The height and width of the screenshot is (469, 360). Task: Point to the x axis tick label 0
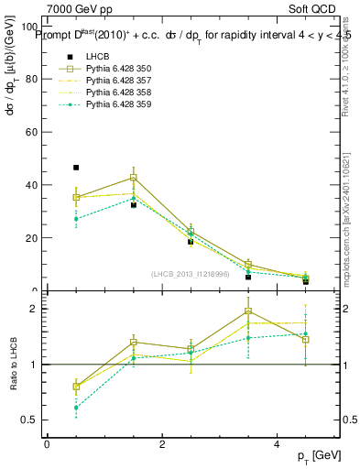[47, 444]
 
